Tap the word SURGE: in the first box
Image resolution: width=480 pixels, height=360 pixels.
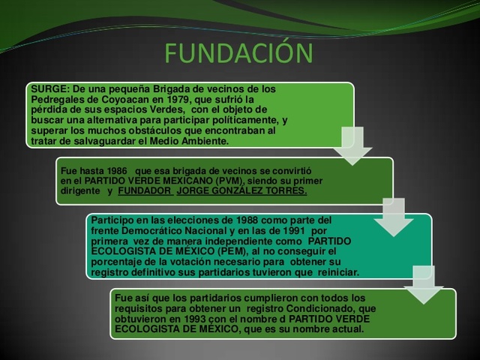click(46, 88)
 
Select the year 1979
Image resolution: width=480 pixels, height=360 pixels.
click(195, 99)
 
